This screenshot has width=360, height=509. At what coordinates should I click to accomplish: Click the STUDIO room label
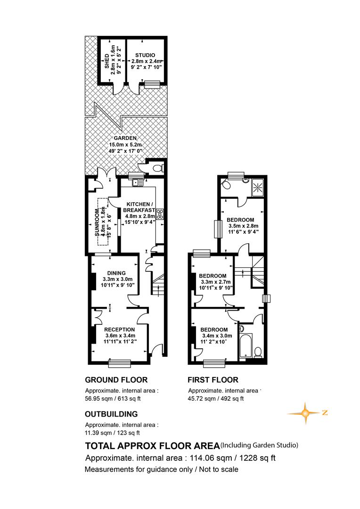145,55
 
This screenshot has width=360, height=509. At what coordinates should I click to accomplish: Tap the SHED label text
107,61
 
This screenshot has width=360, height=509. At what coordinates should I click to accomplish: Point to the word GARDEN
125,138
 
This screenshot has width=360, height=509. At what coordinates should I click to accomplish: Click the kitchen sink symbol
137,182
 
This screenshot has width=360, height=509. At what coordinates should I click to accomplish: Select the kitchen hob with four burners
160,214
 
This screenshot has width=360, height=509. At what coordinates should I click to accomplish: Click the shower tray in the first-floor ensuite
258,187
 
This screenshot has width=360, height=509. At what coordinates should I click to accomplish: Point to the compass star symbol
305,413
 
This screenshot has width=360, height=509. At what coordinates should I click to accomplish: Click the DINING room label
116,273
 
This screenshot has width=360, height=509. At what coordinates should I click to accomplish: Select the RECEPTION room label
120,330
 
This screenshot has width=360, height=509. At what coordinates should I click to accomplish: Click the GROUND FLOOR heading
116,380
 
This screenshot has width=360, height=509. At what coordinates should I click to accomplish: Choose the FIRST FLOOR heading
213,380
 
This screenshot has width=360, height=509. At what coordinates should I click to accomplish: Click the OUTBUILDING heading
111,414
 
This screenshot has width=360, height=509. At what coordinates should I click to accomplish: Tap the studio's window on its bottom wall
150,84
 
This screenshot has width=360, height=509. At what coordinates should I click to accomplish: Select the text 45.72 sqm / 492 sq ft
216,399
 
